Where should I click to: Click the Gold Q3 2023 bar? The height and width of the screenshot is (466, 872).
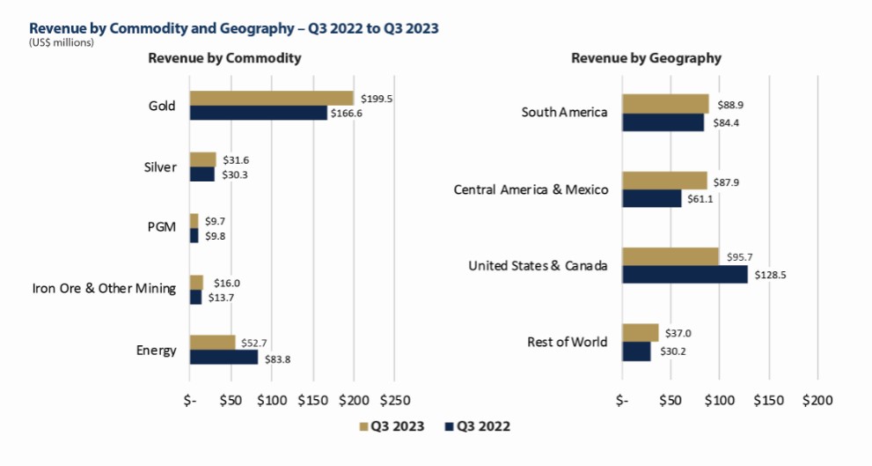272,98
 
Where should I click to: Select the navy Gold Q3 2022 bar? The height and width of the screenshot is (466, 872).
259,113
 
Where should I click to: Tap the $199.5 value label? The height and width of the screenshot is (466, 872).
377,99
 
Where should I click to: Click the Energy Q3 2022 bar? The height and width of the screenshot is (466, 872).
224,357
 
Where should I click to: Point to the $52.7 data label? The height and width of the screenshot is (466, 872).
254,343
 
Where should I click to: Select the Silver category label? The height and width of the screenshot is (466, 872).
160,167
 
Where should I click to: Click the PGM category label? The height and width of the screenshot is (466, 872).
162,227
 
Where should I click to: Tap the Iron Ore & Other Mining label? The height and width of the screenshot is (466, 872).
104,288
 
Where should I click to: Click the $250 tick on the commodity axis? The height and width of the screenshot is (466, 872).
395,400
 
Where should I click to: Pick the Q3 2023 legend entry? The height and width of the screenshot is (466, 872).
392,426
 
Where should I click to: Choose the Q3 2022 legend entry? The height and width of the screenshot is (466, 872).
478,426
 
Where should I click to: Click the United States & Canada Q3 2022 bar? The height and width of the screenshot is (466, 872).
685,275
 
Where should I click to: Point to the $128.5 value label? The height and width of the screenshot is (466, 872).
770,275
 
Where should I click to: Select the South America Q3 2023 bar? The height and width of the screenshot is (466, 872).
666,104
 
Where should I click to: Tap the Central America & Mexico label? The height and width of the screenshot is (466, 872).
531,190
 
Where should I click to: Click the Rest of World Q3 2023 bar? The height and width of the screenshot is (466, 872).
641,333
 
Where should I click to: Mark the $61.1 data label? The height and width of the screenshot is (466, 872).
700,199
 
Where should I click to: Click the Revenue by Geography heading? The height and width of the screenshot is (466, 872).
646,58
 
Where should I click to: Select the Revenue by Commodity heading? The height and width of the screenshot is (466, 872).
224,58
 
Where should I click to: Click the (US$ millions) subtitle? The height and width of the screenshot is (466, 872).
62,43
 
